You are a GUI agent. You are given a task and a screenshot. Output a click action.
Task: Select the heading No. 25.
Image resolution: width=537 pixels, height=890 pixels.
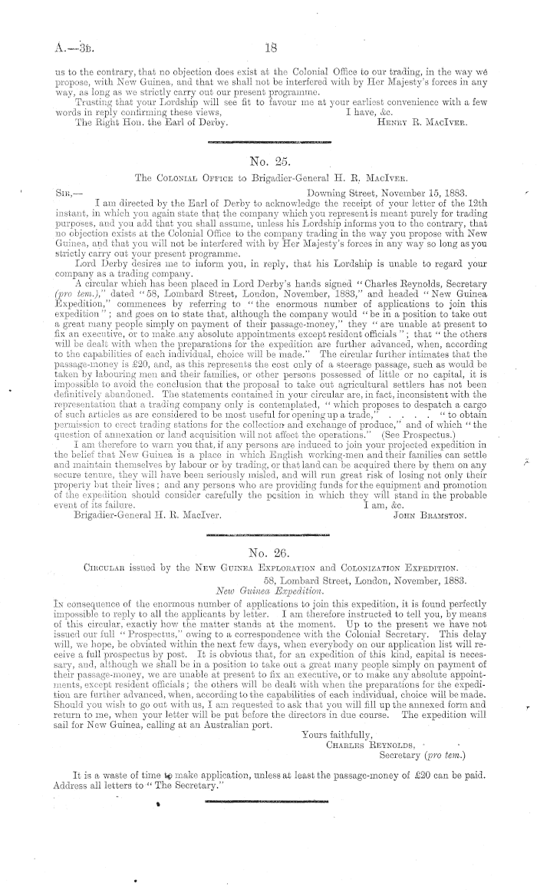pos(268,162)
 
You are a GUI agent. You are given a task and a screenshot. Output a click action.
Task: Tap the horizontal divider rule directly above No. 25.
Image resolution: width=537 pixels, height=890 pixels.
pos(268,142)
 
